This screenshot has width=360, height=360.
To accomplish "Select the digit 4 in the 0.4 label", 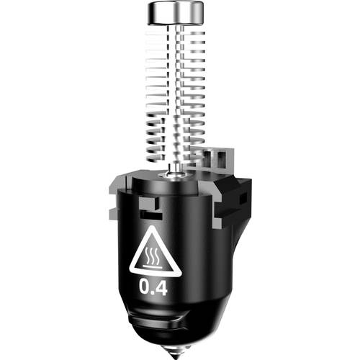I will tap(162, 289).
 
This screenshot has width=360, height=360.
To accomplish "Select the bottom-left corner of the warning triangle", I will tap(132, 273).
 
